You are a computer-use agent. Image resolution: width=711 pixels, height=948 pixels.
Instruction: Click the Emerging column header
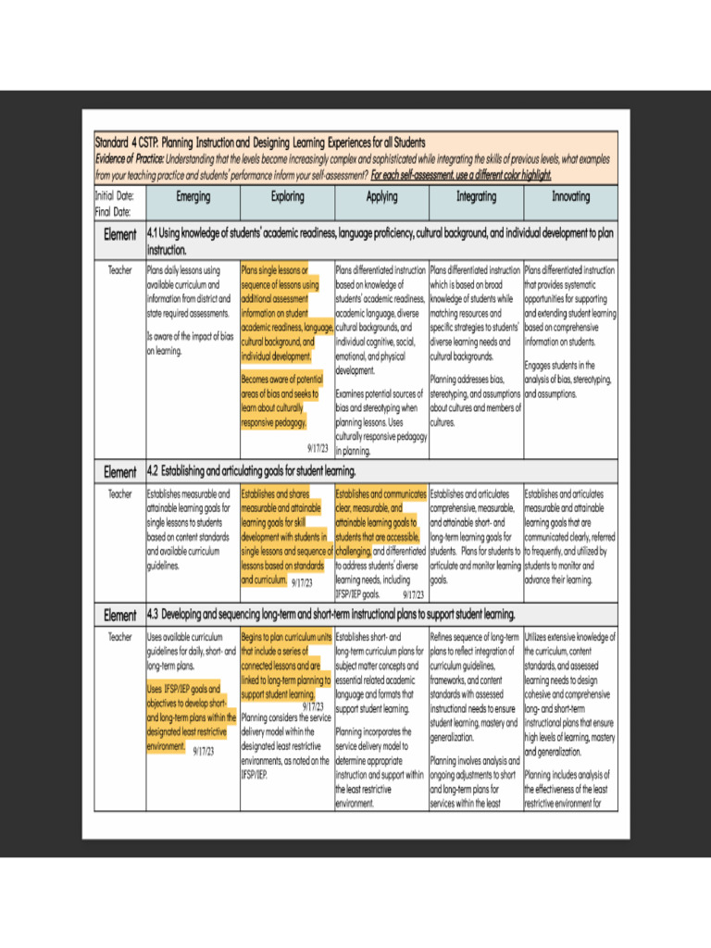[x=193, y=197]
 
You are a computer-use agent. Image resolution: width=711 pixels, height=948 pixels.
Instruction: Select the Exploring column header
[x=287, y=197]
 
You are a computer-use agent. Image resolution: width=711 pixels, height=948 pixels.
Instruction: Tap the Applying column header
[x=381, y=197]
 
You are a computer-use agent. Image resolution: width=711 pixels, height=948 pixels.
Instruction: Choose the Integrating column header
[x=476, y=197]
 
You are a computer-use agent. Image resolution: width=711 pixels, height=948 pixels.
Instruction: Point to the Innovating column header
[x=570, y=197]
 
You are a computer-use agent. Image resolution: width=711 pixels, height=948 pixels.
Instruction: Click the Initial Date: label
[x=115, y=196]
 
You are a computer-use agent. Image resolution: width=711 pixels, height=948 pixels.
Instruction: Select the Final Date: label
[x=113, y=211]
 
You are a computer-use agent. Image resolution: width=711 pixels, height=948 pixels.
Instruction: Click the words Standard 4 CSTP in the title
[x=125, y=143]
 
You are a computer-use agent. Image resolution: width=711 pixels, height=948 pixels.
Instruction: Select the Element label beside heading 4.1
[x=119, y=235]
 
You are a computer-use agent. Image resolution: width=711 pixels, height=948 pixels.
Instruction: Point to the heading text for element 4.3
[x=331, y=615]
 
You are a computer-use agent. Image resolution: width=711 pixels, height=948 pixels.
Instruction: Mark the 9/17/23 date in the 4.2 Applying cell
[x=414, y=594]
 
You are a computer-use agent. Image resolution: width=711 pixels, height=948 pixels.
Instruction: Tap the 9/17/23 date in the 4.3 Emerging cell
[x=204, y=751]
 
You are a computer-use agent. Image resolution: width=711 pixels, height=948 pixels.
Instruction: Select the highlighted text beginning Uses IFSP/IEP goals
[x=191, y=717]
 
